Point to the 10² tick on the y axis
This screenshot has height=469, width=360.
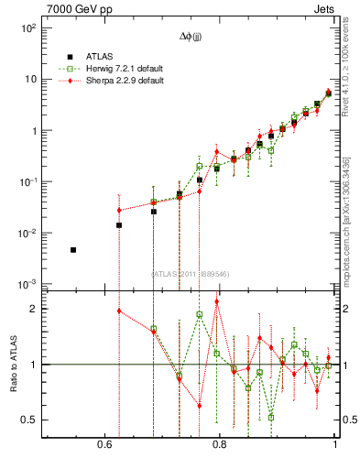(27, 28)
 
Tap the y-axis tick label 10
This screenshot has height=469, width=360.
(29, 80)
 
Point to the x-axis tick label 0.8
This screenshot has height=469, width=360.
(219, 444)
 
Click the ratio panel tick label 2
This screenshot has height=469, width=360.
(33, 309)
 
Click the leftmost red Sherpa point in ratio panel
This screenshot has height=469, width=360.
(119, 311)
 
